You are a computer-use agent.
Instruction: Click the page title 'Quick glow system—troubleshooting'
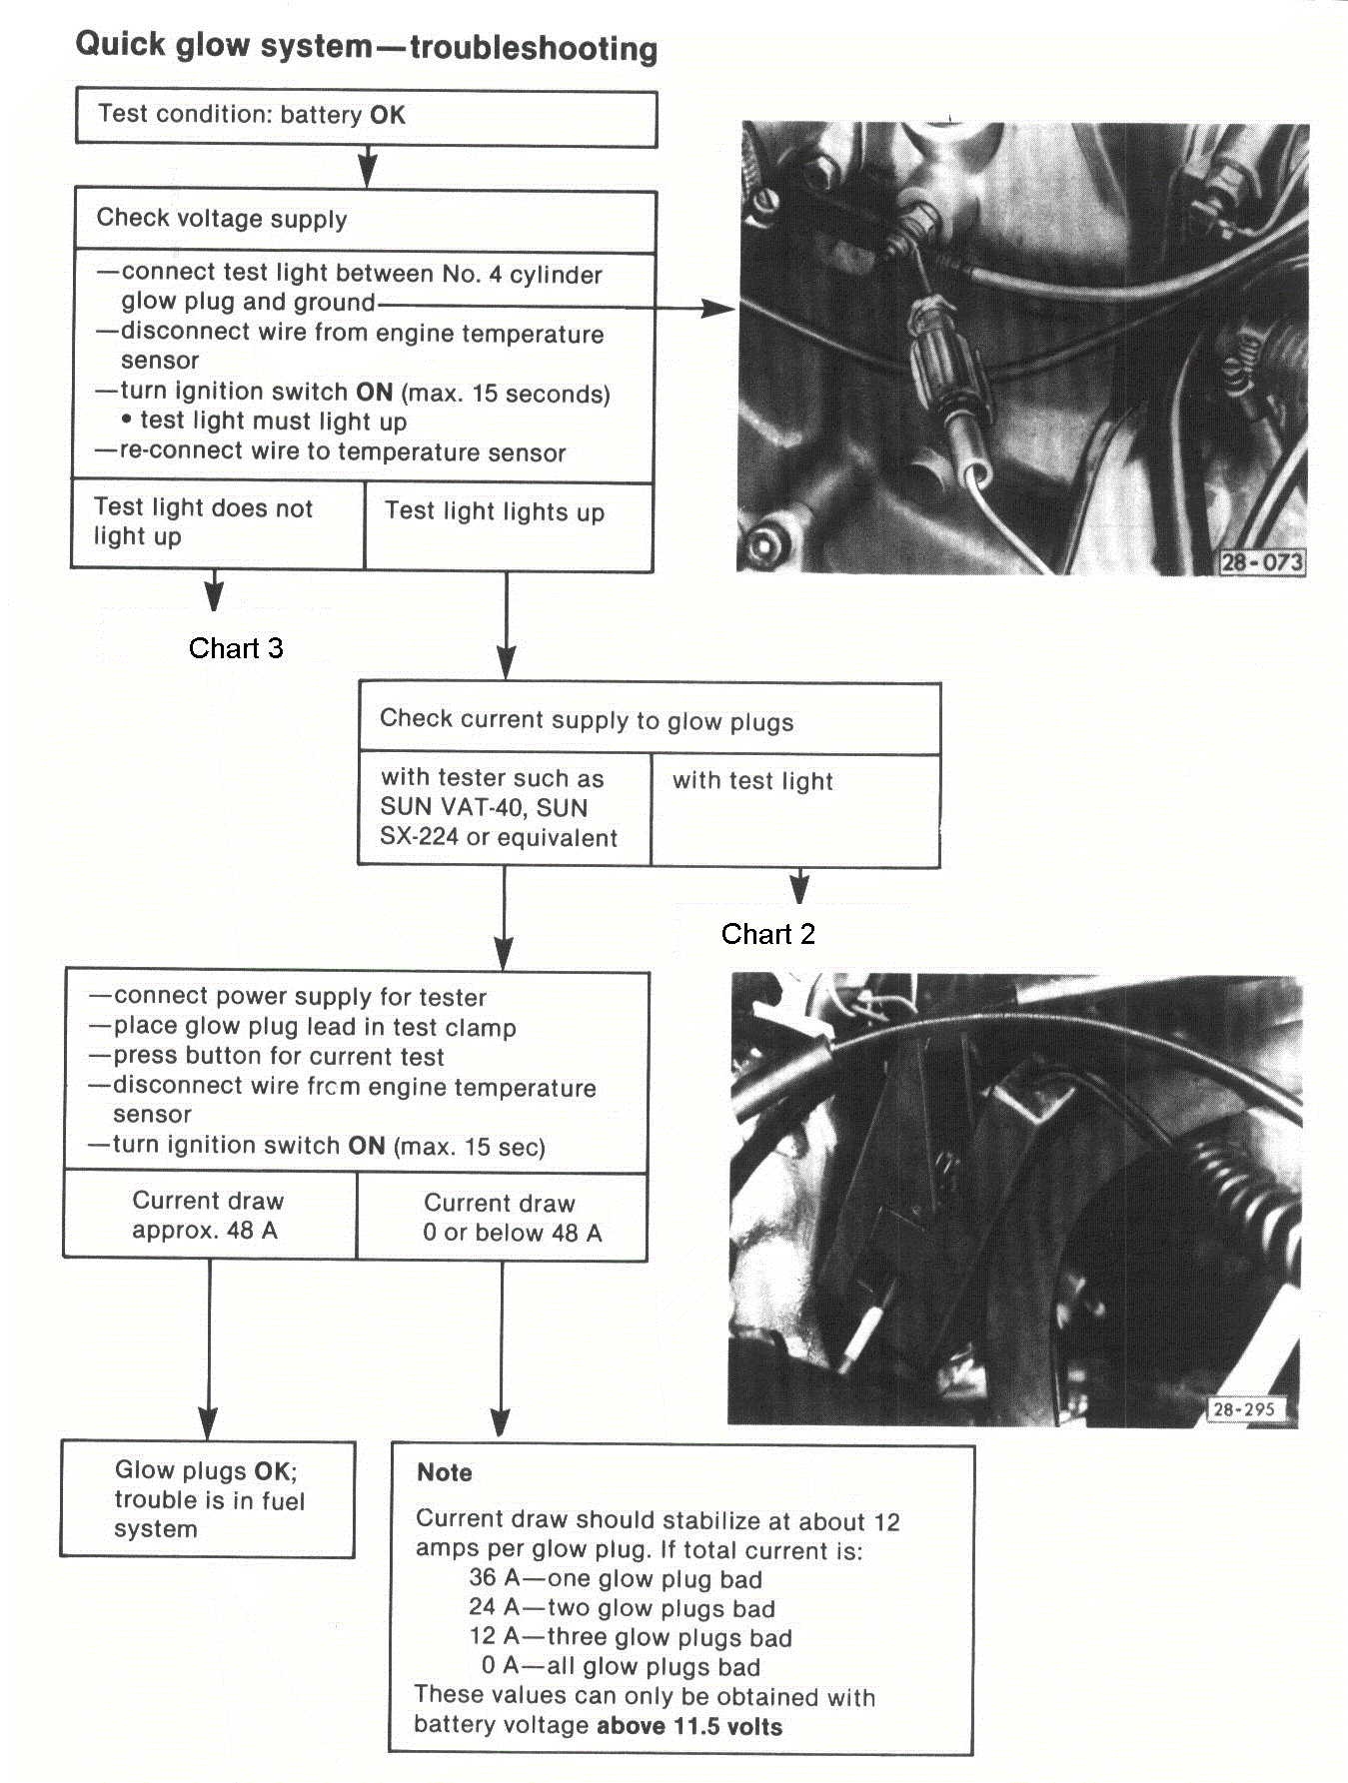(367, 47)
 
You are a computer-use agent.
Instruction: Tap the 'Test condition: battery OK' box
(366, 118)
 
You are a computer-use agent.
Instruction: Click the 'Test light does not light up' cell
(217, 523)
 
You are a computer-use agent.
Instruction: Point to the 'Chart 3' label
(236, 648)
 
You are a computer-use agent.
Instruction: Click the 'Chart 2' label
(767, 934)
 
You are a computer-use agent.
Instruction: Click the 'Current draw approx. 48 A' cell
(208, 1215)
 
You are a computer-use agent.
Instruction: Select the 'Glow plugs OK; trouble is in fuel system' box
(208, 1499)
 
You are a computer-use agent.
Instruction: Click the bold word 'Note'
(445, 1472)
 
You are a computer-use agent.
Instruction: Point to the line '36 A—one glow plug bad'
(615, 1579)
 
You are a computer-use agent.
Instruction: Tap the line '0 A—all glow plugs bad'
(621, 1666)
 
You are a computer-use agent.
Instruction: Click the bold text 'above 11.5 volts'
(689, 1725)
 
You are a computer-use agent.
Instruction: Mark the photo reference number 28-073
(1262, 562)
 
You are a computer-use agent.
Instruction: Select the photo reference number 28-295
(1243, 1409)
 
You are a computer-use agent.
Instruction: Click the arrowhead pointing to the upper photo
(719, 310)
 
